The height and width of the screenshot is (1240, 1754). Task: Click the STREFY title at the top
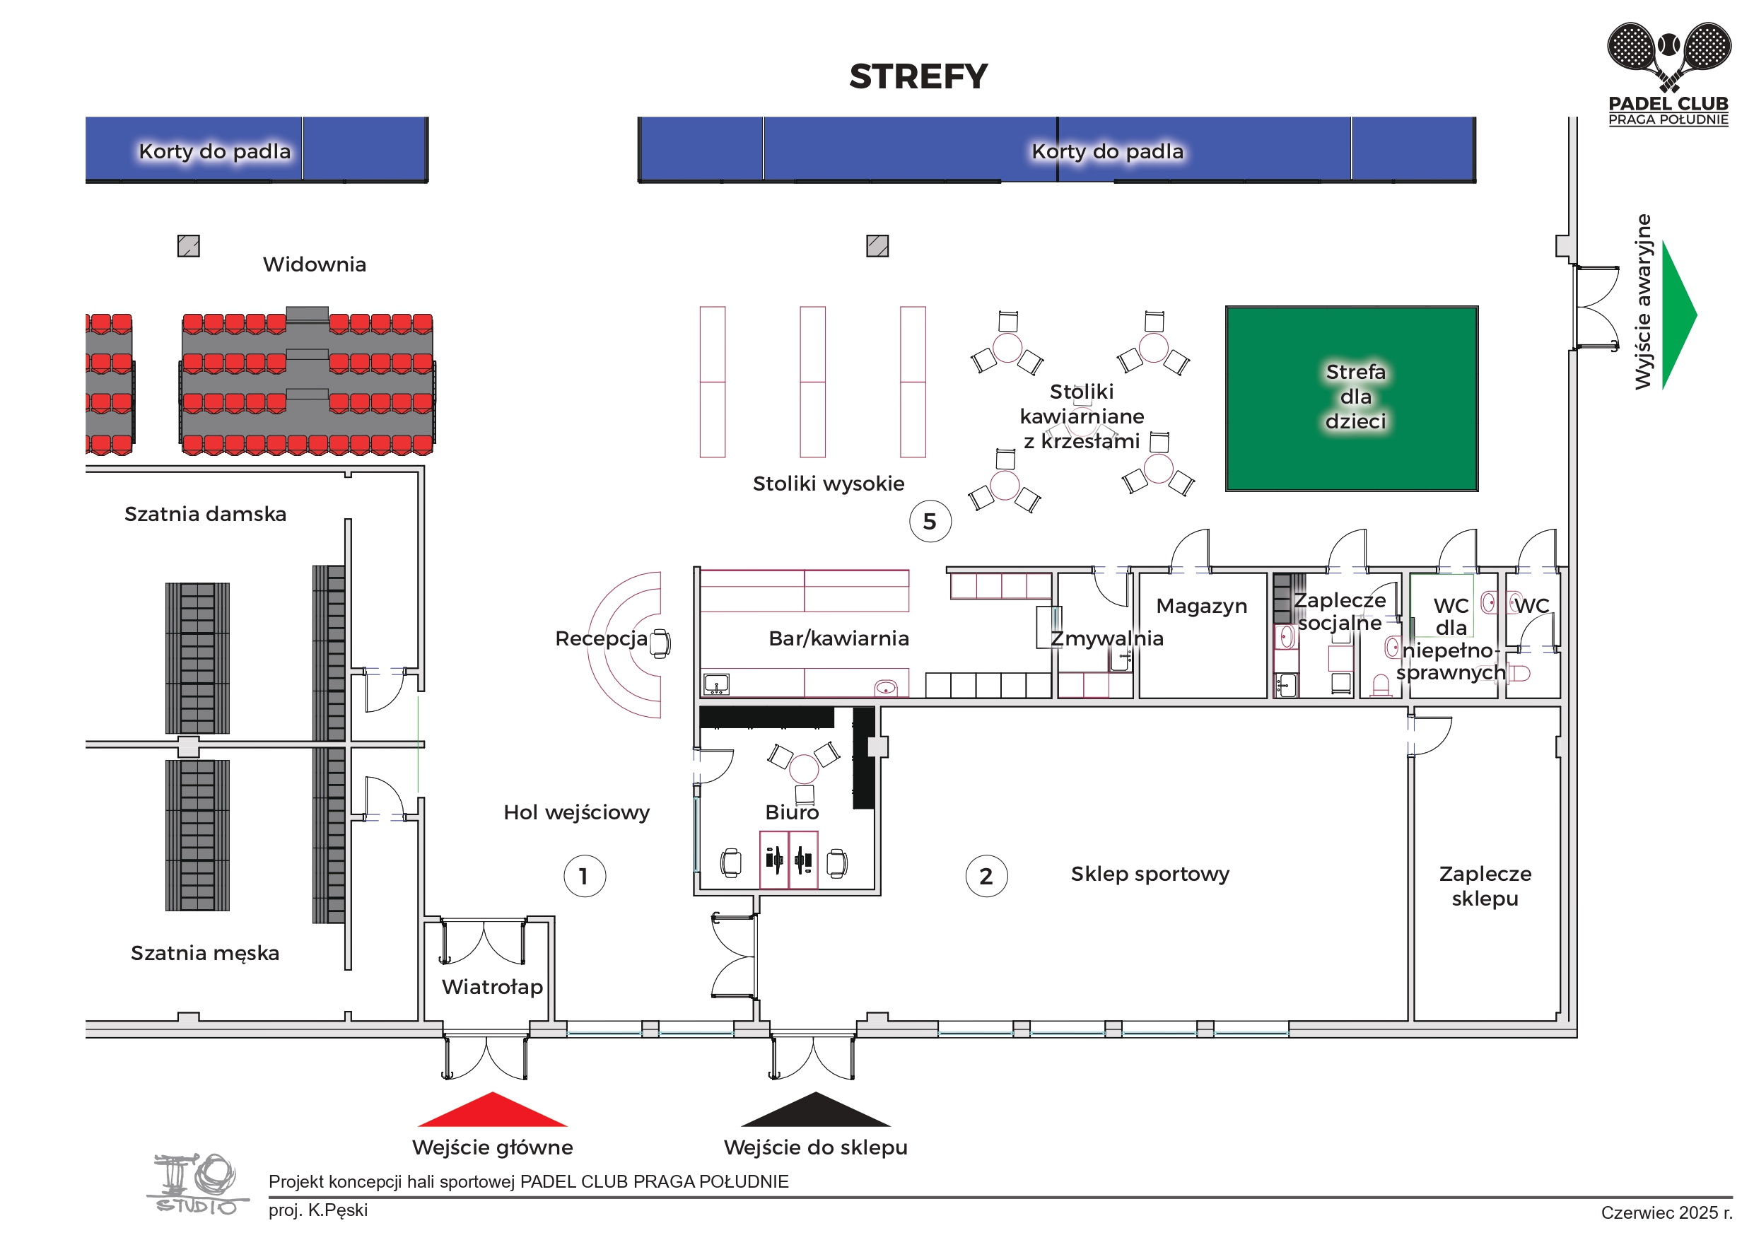tap(918, 76)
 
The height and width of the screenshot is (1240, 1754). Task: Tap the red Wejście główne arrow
tap(493, 1111)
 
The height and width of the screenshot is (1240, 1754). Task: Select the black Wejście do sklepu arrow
tap(816, 1111)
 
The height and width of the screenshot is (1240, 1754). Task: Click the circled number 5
tap(930, 521)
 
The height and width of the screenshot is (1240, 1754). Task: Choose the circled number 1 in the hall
tap(585, 875)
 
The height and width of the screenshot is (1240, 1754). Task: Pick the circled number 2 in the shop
tap(986, 875)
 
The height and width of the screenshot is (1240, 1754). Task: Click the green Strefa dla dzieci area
tap(1352, 398)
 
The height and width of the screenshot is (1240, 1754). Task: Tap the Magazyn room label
tap(1201, 606)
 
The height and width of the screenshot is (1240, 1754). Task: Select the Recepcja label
tap(601, 638)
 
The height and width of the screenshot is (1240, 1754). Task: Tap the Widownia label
tap(315, 264)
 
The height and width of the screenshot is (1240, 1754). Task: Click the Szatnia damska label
tap(206, 513)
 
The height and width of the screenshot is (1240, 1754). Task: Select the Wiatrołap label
tap(493, 986)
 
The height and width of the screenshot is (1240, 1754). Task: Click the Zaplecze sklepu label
tap(1485, 886)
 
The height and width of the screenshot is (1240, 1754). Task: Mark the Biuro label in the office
tap(793, 812)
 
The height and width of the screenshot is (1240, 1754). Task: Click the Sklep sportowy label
tap(1150, 873)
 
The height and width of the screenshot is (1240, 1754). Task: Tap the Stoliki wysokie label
tap(828, 483)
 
